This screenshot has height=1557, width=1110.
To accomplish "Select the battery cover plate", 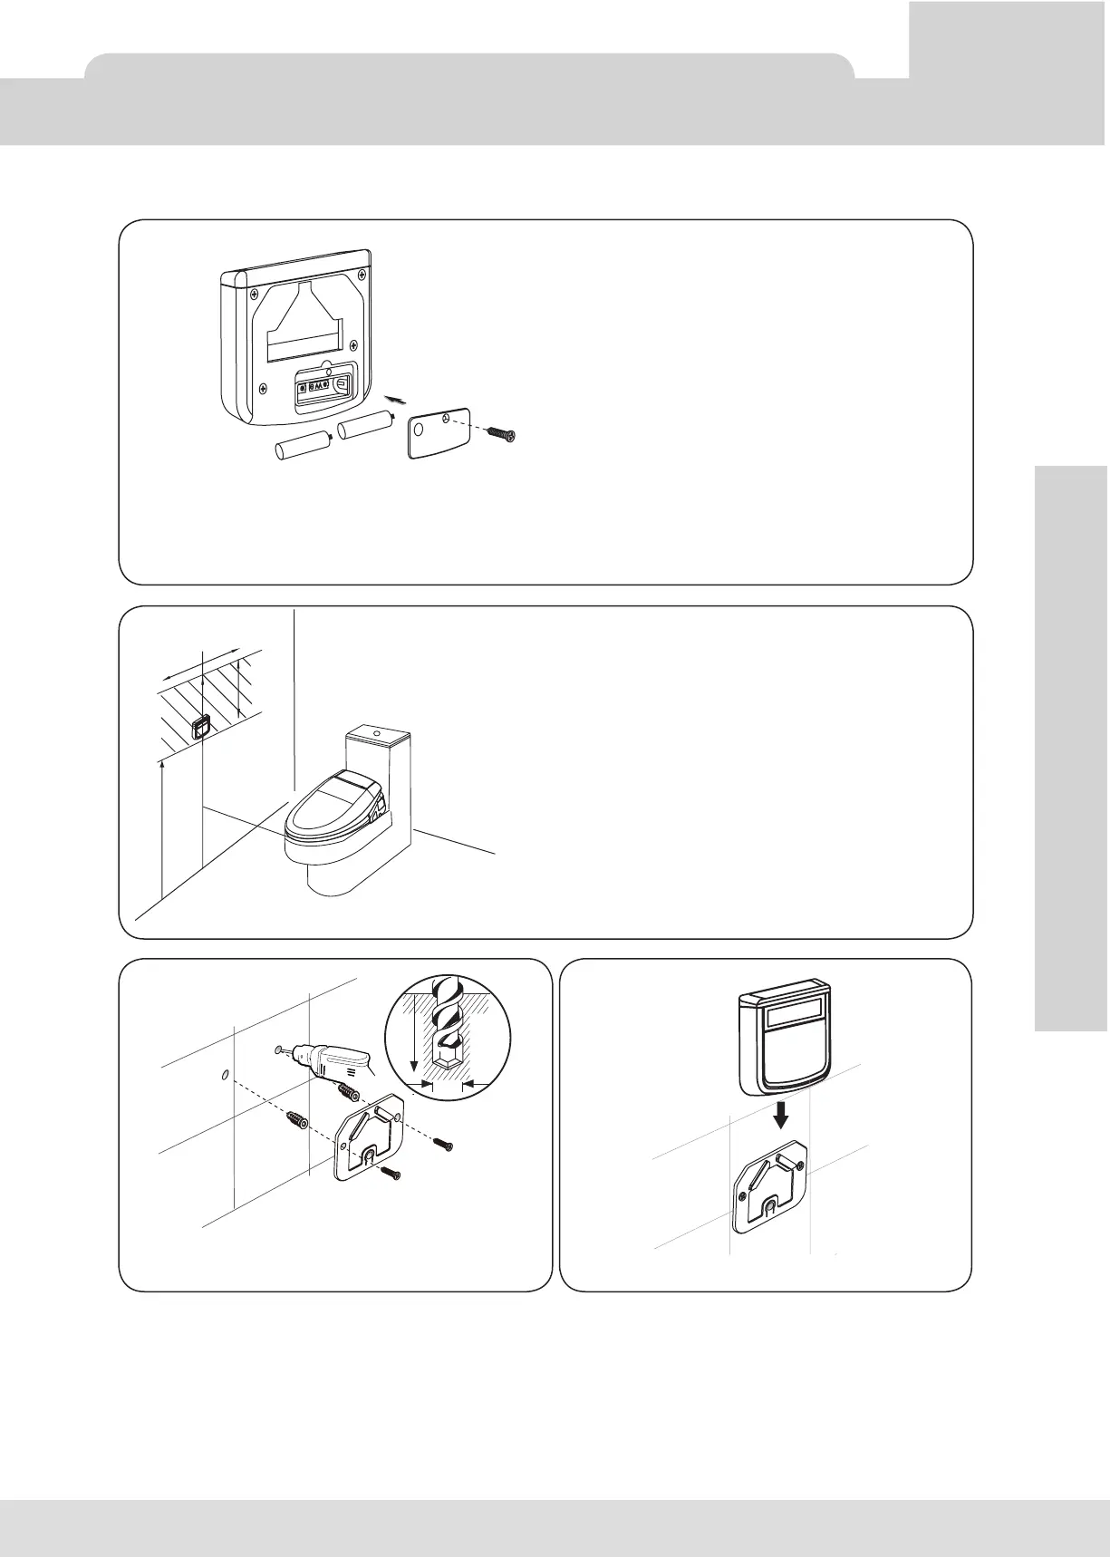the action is (x=438, y=434).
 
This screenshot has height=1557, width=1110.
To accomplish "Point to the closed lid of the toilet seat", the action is (x=328, y=807).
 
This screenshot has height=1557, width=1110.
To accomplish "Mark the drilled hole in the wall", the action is (x=223, y=1076).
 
